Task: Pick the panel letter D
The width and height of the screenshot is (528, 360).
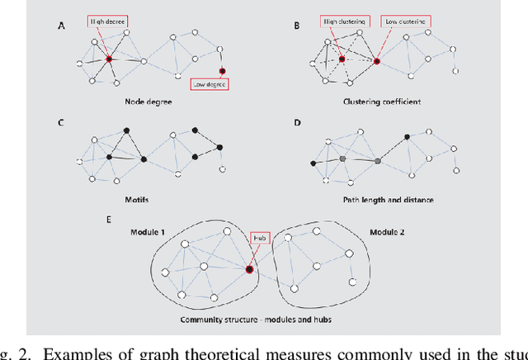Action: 296,123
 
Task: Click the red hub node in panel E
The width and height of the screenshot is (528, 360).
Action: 248,268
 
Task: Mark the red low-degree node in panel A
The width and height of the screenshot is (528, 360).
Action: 222,71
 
